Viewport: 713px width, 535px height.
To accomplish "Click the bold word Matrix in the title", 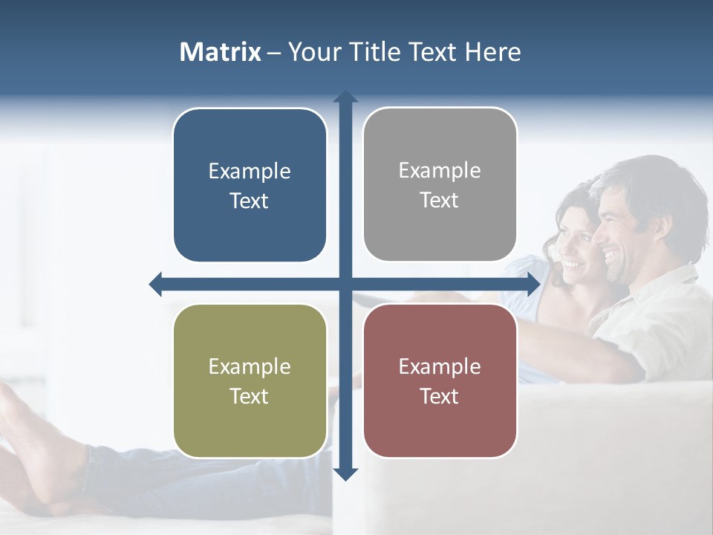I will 221,52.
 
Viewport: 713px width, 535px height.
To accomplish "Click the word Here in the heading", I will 493,52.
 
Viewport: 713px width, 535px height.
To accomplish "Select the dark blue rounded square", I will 250,185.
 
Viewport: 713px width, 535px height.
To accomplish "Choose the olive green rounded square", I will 250,380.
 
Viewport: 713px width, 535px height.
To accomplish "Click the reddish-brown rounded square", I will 440,380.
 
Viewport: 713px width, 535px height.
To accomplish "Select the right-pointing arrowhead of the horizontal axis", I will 533,284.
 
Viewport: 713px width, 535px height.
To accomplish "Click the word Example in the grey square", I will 440,170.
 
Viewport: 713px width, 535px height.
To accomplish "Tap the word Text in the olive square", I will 250,396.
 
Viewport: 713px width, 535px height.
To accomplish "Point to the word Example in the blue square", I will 250,171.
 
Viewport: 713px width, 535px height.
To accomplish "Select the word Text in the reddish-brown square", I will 440,396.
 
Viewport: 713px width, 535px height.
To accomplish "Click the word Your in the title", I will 313,52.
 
